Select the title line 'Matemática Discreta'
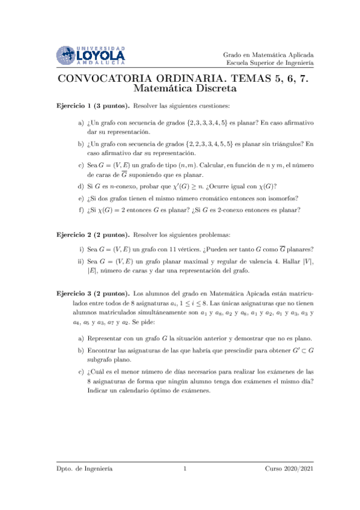point(180,88)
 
